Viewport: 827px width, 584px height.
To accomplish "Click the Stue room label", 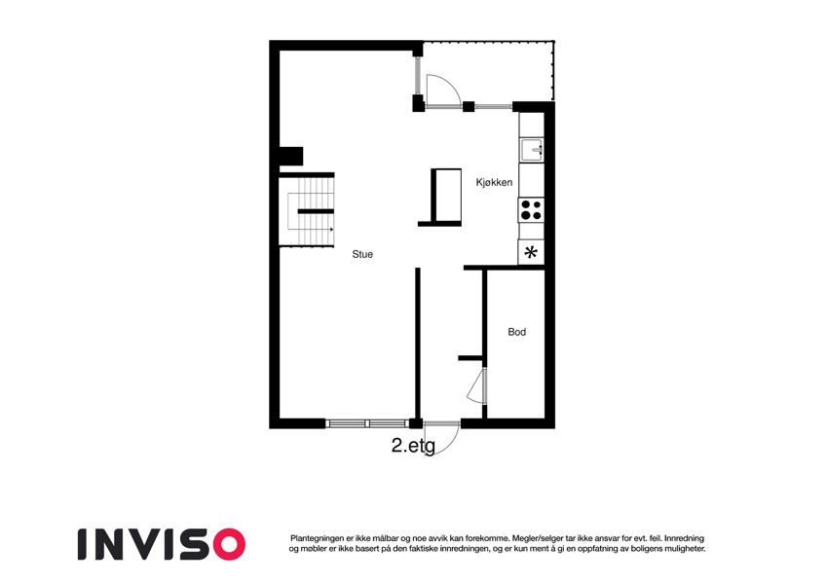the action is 362,254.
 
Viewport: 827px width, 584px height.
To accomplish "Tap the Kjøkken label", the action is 494,182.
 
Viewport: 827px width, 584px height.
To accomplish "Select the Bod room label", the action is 517,332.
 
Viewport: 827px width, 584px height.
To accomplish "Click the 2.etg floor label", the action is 413,446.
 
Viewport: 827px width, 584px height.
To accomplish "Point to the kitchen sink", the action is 531,150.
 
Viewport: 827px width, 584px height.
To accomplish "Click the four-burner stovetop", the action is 531,210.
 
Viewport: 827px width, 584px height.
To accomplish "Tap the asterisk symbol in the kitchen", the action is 531,253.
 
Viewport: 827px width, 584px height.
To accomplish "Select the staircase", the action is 307,211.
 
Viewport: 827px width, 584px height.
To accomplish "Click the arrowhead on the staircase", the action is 331,230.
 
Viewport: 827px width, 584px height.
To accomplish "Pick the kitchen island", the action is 446,195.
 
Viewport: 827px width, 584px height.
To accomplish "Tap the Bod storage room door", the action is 476,386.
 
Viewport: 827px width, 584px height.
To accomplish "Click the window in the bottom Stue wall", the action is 367,422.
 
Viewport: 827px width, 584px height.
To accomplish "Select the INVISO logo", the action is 162,544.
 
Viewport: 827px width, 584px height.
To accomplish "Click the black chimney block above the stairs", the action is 291,156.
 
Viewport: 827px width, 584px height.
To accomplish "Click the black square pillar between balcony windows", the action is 469,106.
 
